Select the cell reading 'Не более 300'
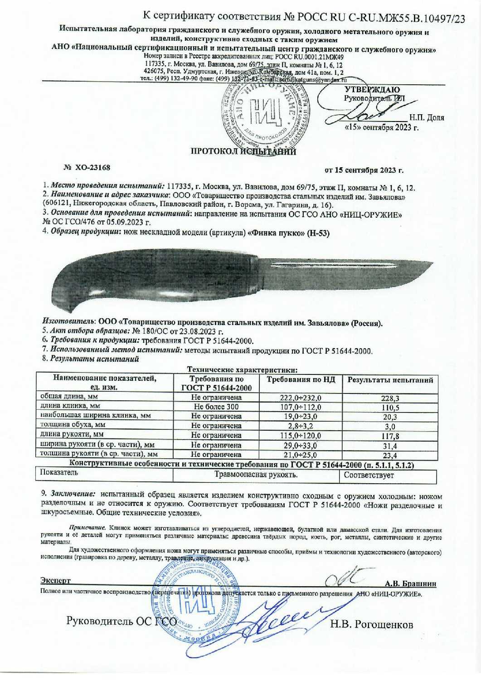point(216,407)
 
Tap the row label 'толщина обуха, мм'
point(73,425)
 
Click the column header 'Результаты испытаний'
point(390,380)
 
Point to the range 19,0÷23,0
point(301,416)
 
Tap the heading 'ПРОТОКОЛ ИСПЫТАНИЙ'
point(243,152)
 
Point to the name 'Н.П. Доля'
point(427,118)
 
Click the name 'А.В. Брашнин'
point(410,583)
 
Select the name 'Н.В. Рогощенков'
point(371,625)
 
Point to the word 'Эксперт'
point(55,581)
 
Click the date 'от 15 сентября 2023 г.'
point(364,171)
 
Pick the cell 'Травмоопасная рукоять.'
point(256,475)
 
